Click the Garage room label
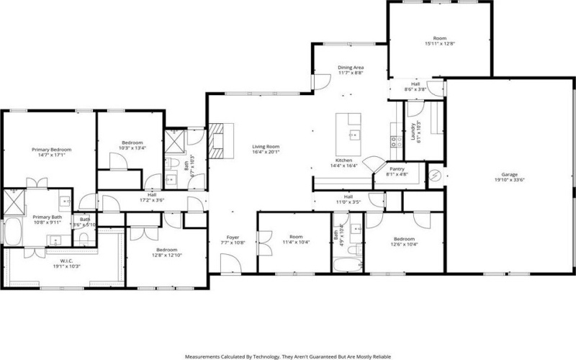510,175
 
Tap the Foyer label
233,237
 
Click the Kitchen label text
343,160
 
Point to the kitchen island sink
354,134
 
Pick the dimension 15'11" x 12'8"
439,44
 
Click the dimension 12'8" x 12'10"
166,255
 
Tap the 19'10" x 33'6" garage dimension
510,181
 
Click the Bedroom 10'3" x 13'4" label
132,143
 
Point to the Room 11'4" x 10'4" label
295,236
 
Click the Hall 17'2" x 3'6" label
152,194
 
